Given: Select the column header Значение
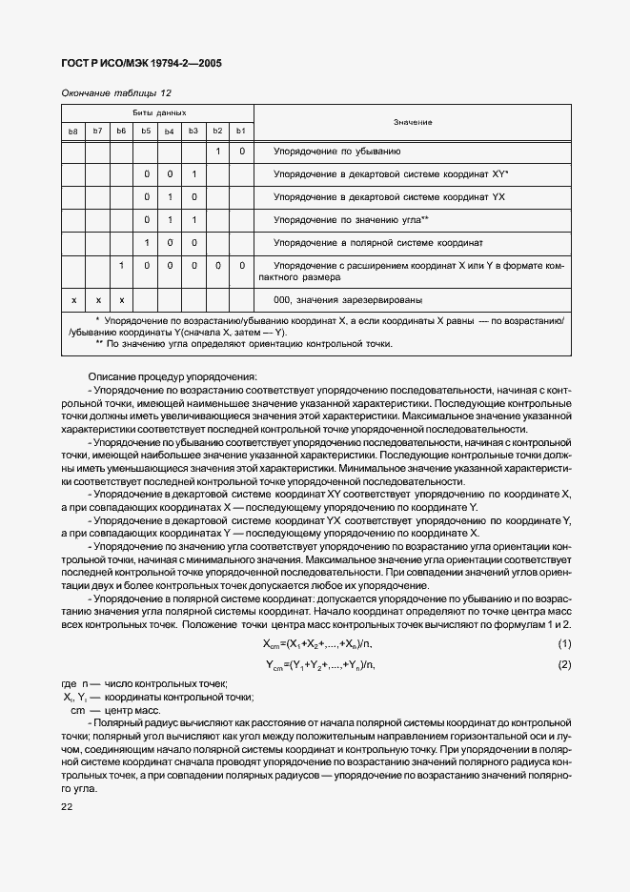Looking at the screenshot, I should tap(413, 122).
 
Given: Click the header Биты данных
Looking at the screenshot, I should tap(157, 112).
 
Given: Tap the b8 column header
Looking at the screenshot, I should tap(73, 131).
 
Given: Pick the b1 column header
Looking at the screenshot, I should tap(241, 131).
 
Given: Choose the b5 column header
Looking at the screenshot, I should tap(146, 131).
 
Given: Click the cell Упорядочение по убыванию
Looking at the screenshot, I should tap(336, 152).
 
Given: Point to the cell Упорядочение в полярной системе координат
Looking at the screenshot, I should tap(378, 243).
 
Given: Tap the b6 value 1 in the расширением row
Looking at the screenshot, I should tap(122, 266).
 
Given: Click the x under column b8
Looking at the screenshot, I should tap(73, 299).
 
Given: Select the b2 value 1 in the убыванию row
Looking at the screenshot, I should tap(217, 152).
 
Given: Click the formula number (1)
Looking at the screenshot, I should tap(563, 645).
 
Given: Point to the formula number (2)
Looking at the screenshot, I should tap(563, 664).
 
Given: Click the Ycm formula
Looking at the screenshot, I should tap(319, 664).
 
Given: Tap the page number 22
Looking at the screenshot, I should tap(66, 806).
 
